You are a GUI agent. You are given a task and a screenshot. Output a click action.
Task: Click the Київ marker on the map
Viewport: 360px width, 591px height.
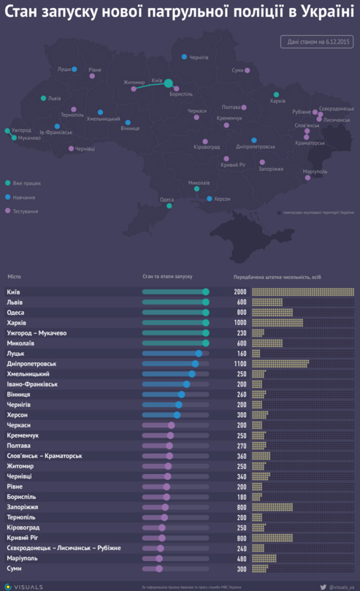pos(169,84)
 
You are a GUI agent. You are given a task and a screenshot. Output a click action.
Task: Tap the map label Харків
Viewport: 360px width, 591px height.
pos(277,101)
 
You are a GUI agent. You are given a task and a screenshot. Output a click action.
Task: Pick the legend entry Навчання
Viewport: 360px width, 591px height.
pos(24,197)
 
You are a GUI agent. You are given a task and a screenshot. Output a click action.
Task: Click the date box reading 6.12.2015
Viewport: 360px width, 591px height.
pos(316,42)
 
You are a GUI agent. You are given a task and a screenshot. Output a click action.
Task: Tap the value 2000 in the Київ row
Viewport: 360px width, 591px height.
pos(240,291)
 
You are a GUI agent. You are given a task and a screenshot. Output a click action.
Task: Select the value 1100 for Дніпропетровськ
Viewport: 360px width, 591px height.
pos(240,363)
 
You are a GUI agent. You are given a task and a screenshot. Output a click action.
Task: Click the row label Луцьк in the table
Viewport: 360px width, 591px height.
pos(15,353)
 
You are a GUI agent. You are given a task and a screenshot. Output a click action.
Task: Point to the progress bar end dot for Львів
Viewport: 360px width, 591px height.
pos(206,302)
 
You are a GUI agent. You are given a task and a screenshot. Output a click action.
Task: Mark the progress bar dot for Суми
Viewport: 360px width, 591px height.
pos(158,568)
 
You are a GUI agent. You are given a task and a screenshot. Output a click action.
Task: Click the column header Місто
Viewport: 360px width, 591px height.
pos(14,277)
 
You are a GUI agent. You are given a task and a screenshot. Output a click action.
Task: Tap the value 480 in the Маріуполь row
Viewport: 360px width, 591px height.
pos(240,557)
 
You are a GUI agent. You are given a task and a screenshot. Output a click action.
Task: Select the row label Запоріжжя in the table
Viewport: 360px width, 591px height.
pos(23,506)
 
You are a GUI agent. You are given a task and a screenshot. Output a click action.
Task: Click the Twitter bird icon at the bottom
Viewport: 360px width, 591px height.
pos(323,585)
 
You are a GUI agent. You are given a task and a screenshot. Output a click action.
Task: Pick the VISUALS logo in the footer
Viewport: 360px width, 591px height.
pos(26,585)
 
